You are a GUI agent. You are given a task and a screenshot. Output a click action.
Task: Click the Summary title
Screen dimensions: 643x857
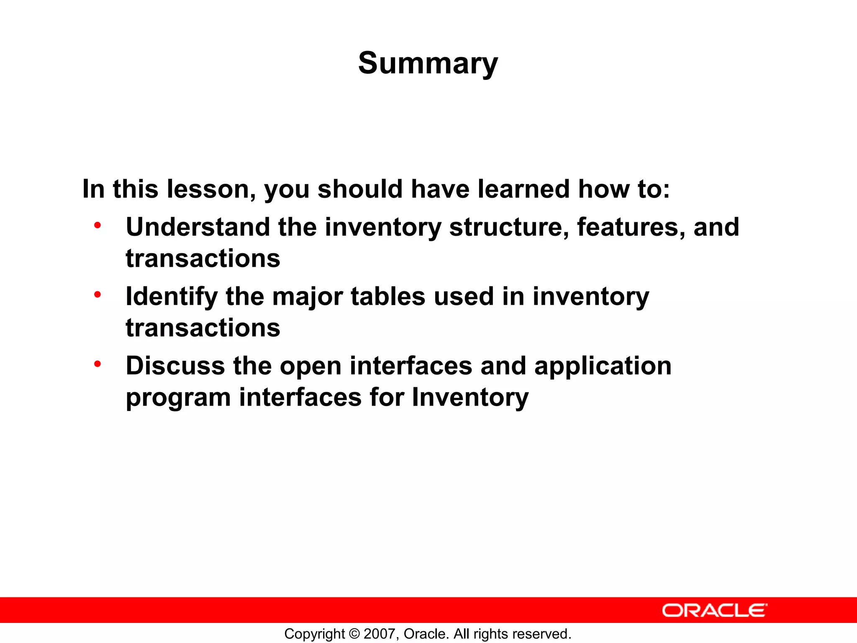pyautogui.click(x=428, y=64)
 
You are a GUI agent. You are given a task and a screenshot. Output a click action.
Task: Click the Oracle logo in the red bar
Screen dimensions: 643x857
pyautogui.click(x=714, y=610)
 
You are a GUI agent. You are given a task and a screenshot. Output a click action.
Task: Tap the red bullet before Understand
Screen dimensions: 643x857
pyautogui.click(x=98, y=226)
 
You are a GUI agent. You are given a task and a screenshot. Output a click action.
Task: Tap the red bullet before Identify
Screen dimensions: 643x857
pyautogui.click(x=98, y=295)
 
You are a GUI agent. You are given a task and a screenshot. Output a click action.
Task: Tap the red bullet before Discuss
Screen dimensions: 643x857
pyautogui.click(x=98, y=364)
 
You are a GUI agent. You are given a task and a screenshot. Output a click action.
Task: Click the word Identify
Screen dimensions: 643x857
pyautogui.click(x=172, y=296)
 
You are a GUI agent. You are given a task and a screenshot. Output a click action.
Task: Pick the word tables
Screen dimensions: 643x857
pyautogui.click(x=387, y=296)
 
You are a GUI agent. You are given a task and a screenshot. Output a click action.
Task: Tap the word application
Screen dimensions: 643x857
pyautogui.click(x=603, y=366)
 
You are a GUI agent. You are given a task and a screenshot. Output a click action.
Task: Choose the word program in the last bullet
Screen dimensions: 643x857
pyautogui.click(x=178, y=398)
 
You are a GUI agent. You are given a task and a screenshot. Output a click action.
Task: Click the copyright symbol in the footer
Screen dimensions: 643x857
pyautogui.click(x=354, y=634)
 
